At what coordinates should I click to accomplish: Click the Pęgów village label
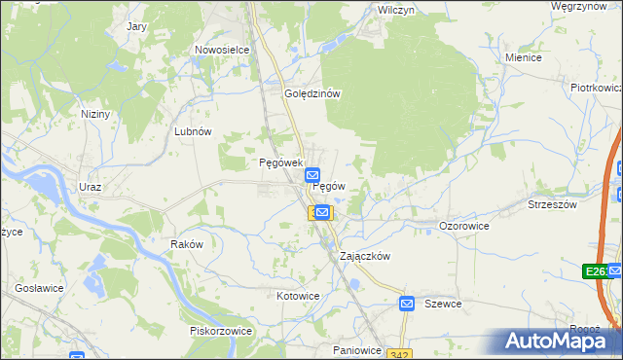[x=329, y=186]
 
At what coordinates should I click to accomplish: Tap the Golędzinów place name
[x=311, y=94]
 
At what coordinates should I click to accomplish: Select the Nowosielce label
[x=223, y=50]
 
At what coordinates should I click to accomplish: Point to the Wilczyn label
[x=396, y=9]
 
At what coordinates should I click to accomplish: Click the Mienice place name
[x=523, y=57]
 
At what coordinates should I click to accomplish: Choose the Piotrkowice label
[x=596, y=88]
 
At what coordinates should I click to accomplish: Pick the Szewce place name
[x=443, y=305]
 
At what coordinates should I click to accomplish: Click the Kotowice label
[x=298, y=296]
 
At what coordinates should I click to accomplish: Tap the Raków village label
[x=186, y=244]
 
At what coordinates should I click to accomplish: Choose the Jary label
[x=136, y=26]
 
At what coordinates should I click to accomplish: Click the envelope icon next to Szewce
[x=408, y=305]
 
